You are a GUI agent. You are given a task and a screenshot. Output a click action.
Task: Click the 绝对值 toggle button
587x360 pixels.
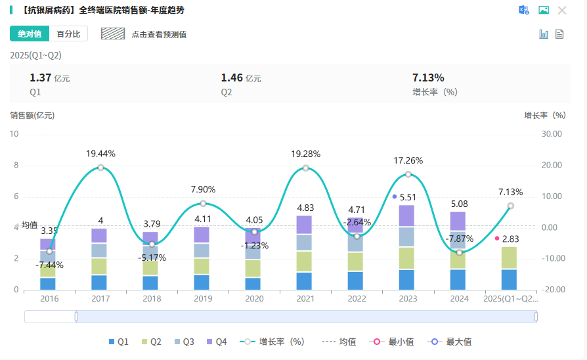(30, 34)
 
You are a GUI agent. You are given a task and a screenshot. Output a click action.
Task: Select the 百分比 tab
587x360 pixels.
(68, 34)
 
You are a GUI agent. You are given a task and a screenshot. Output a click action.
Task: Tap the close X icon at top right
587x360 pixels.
(562, 11)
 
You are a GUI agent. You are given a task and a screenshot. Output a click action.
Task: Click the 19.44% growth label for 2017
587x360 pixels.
(100, 154)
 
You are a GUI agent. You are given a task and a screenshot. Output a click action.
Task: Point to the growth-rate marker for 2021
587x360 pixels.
(305, 168)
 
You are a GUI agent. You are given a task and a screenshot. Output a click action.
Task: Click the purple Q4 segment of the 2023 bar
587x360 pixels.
(406, 215)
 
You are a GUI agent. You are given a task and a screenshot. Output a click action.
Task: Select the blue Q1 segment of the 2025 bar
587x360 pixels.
(509, 279)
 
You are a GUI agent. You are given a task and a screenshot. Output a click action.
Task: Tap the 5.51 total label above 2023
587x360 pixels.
(408, 197)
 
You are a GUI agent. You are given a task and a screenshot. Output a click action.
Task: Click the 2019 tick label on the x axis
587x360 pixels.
(203, 299)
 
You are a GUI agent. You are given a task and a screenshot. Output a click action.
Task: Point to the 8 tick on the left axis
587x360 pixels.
(16, 166)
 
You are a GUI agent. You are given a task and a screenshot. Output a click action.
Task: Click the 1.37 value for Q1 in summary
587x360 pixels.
(40, 78)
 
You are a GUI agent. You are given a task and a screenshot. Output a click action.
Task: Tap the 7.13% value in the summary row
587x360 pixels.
(428, 78)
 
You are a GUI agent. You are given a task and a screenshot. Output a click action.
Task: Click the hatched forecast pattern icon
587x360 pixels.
(113, 34)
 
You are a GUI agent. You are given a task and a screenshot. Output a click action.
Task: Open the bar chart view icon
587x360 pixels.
(544, 34)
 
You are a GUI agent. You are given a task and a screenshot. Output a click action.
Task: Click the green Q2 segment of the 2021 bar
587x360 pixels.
(304, 261)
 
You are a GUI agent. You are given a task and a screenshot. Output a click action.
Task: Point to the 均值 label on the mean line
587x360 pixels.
(30, 225)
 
